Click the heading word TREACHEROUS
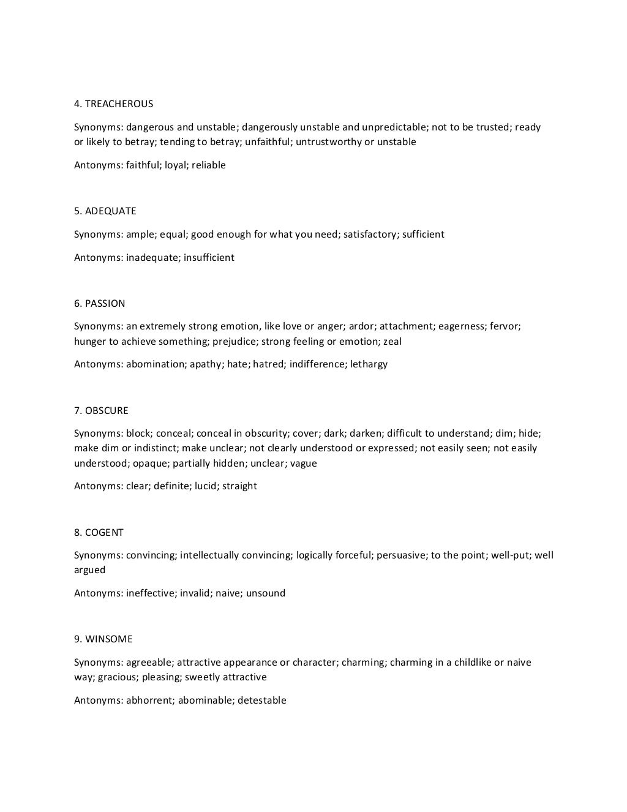pos(119,103)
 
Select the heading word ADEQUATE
pos(110,211)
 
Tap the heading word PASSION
pos(105,303)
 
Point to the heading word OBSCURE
pos(107,410)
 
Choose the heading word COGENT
pos(104,532)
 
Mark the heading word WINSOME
pos(108,639)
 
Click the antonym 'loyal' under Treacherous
pos(175,165)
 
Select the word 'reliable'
pos(209,165)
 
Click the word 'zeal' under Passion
pos(392,341)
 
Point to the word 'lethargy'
pos(369,364)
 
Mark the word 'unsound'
pos(266,593)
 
